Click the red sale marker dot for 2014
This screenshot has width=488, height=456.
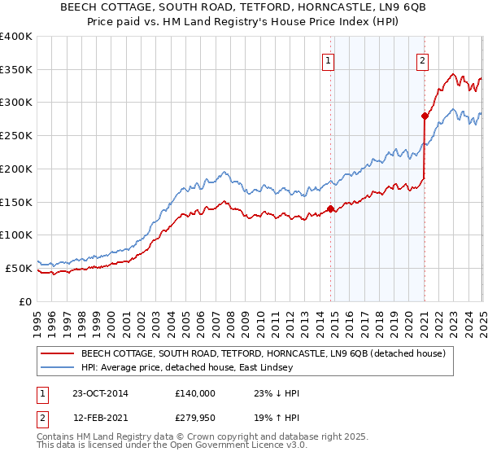tap(330, 208)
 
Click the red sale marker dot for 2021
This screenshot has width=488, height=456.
tap(425, 116)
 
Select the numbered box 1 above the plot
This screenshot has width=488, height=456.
tap(328, 59)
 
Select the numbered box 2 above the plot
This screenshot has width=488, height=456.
tap(423, 59)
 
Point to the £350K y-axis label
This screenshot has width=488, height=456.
tap(16, 70)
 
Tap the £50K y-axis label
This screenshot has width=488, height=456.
tap(19, 268)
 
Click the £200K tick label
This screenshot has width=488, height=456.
tap(16, 169)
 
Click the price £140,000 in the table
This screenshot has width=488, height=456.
tap(194, 393)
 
